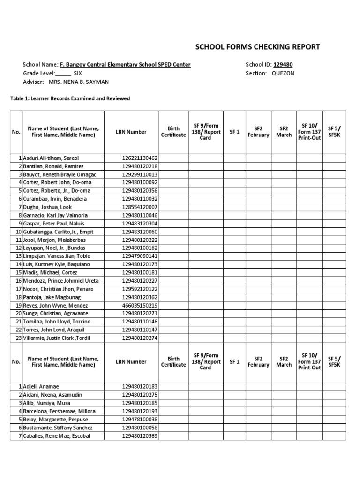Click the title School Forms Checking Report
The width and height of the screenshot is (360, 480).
tap(257, 47)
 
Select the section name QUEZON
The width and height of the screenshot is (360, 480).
tap(283, 74)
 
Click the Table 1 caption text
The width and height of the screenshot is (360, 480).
tap(70, 98)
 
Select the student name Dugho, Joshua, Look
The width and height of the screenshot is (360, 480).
tap(48, 207)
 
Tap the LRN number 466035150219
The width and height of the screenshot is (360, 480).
tap(140, 305)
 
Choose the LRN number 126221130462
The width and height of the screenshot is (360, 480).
tap(140, 158)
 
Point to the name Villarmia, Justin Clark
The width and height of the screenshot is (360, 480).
tap(56, 338)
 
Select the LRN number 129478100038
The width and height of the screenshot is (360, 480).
tap(140, 420)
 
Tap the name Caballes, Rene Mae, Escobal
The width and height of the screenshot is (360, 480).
tap(57, 436)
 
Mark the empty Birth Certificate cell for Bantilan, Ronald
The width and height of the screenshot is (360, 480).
tap(173, 166)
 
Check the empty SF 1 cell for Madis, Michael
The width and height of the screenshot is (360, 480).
tap(234, 272)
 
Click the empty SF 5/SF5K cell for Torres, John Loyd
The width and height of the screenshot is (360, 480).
tap(334, 330)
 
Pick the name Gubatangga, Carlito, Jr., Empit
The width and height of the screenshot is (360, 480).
tap(58, 232)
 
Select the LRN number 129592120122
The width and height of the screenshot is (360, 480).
tap(140, 289)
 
